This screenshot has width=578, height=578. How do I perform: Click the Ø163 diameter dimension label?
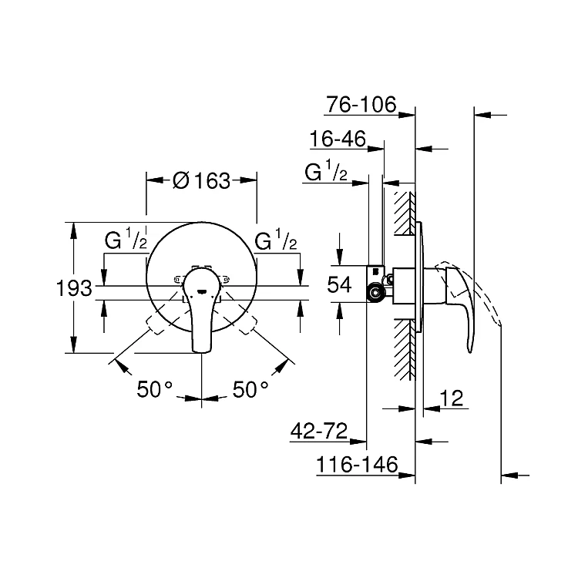pyautogui.click(x=202, y=180)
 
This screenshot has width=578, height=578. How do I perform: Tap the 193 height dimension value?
pyautogui.click(x=74, y=288)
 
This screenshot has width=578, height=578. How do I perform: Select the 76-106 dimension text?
pyautogui.click(x=361, y=104)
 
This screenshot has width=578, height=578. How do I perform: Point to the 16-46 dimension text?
pyautogui.click(x=338, y=139)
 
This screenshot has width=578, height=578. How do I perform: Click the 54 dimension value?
pyautogui.click(x=339, y=284)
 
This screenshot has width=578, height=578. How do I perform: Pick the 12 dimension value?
pyautogui.click(x=452, y=398)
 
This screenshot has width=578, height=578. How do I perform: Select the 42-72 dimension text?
pyautogui.click(x=319, y=431)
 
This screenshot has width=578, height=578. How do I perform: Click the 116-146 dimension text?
pyautogui.click(x=357, y=465)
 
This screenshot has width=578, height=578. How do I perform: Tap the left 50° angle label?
pyautogui.click(x=154, y=388)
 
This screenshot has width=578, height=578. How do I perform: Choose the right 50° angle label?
pyautogui.click(x=250, y=388)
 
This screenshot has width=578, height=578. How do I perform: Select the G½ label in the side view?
pyautogui.click(x=326, y=171)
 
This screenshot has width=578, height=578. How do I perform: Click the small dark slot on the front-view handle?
pyautogui.click(x=202, y=292)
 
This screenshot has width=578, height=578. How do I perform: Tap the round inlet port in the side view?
pyautogui.click(x=375, y=293)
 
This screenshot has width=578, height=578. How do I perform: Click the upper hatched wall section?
pyautogui.click(x=405, y=213)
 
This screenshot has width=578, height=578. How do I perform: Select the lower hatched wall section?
pyautogui.click(x=405, y=349)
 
